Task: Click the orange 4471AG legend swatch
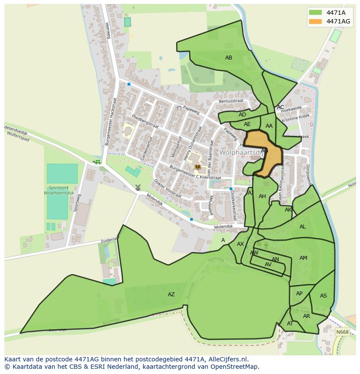pyautogui.click(x=316, y=21)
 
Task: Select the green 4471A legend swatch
pyautogui.click(x=316, y=13)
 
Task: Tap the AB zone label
pyautogui.click(x=228, y=58)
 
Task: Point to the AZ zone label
pyautogui.click(x=171, y=295)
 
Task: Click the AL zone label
pyautogui.click(x=303, y=227)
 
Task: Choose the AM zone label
pyautogui.click(x=303, y=258)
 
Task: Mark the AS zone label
pyautogui.click(x=323, y=296)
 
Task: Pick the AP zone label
pyautogui.click(x=299, y=294)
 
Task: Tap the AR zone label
pyautogui.click(x=307, y=316)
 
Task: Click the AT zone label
pyautogui.click(x=290, y=324)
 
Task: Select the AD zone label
pyautogui.click(x=242, y=115)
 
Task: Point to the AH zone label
pyautogui.click(x=262, y=196)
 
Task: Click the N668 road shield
pyautogui.click(x=343, y=332)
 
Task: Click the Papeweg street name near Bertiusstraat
pyautogui.click(x=191, y=110)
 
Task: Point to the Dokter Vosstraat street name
pyautogui.click(x=167, y=189)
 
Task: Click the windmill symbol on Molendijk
pyautogui.click(x=138, y=187)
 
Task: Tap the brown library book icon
pyautogui.click(x=198, y=167)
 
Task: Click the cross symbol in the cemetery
pyautogui.click(x=266, y=245)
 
